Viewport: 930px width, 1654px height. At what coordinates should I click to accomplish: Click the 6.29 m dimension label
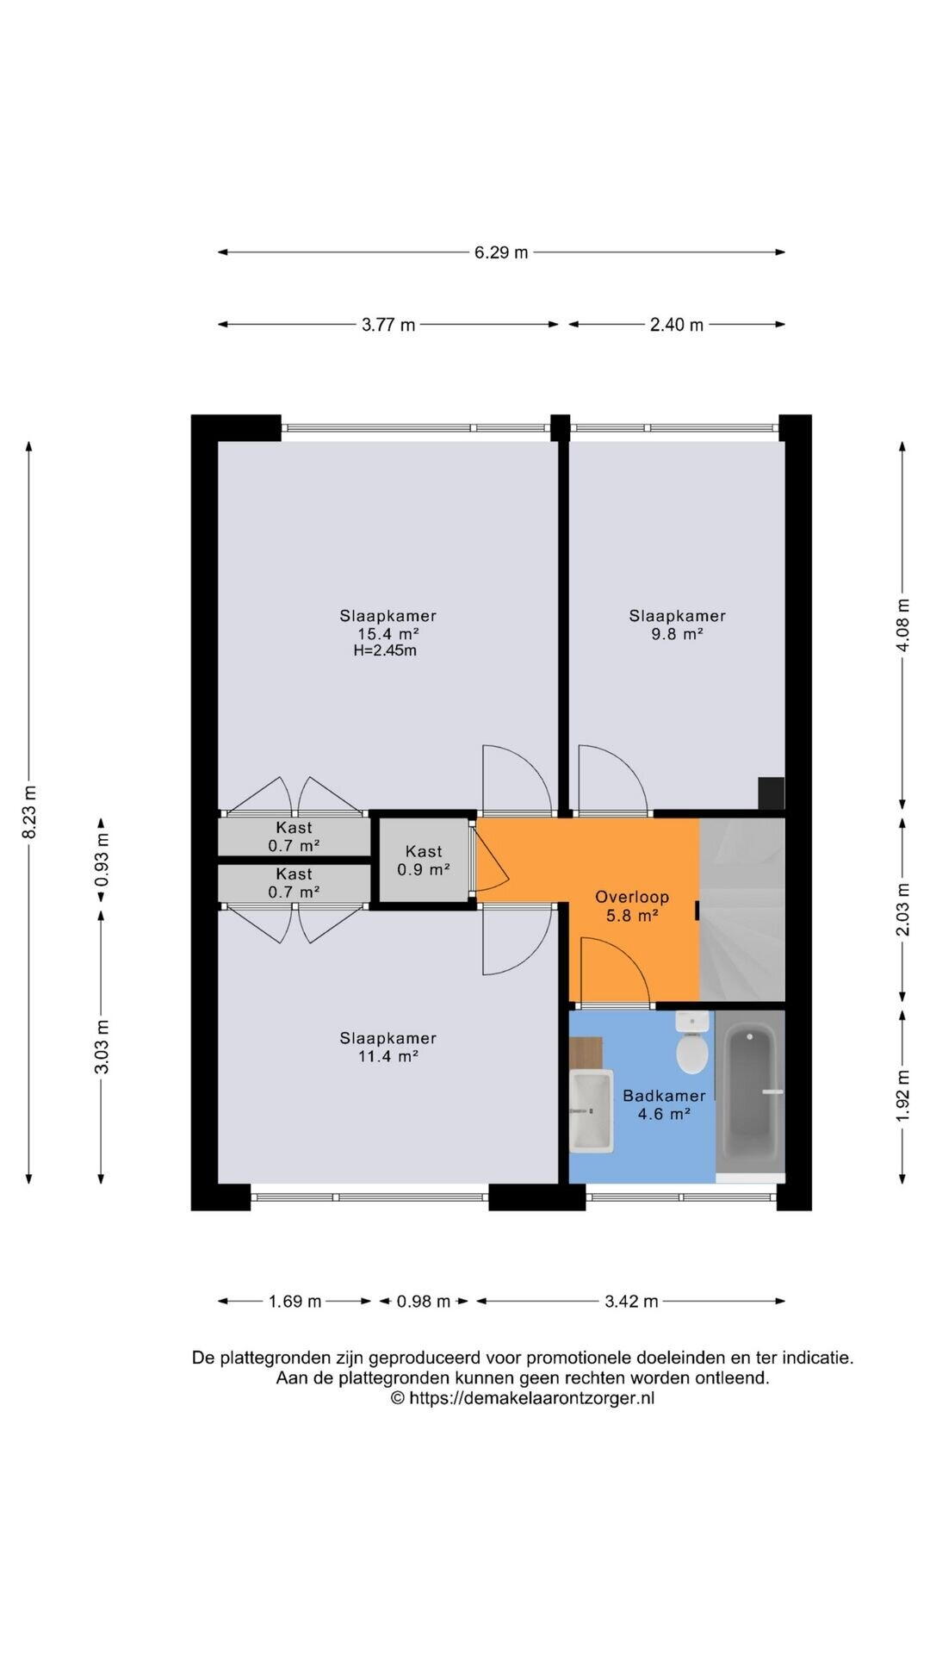(x=501, y=252)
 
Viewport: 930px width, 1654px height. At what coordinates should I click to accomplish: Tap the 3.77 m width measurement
(x=388, y=325)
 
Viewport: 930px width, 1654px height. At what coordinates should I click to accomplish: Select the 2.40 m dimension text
(x=677, y=325)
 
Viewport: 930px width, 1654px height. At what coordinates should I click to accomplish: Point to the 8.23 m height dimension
(x=29, y=811)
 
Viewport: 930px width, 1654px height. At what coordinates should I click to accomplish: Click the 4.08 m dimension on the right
(x=902, y=625)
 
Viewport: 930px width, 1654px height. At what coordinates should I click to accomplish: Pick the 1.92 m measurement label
(x=902, y=1096)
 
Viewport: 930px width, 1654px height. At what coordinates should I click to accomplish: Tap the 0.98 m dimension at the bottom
(x=424, y=1301)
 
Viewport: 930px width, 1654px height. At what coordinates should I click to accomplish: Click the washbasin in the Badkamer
(x=591, y=1110)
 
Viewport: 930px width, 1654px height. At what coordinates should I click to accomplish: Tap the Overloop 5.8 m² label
(x=632, y=906)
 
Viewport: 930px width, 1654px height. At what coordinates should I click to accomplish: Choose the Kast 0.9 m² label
(x=424, y=861)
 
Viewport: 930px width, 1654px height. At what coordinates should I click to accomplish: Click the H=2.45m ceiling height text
(x=385, y=650)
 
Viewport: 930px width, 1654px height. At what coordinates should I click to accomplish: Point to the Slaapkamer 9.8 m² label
(x=677, y=625)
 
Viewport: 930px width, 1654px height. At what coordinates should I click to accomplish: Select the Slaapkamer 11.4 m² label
(x=387, y=1048)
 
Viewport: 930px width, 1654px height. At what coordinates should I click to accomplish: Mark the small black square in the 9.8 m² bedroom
(x=771, y=793)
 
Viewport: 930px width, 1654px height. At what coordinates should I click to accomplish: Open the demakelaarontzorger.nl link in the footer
(x=531, y=1398)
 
